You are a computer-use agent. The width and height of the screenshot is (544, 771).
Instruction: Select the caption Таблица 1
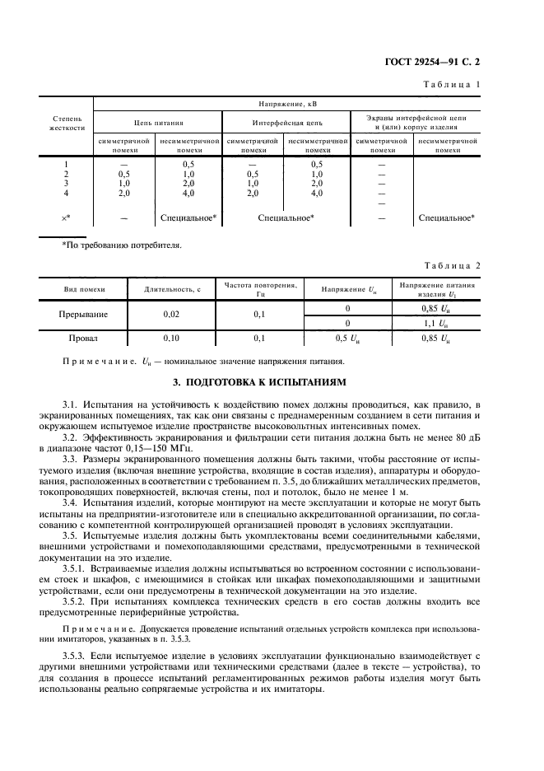pyautogui.click(x=452, y=85)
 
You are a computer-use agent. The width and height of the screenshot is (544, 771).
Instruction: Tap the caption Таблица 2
pyautogui.click(x=452, y=265)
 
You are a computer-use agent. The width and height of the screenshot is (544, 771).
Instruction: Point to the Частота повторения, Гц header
pyautogui.click(x=260, y=289)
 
